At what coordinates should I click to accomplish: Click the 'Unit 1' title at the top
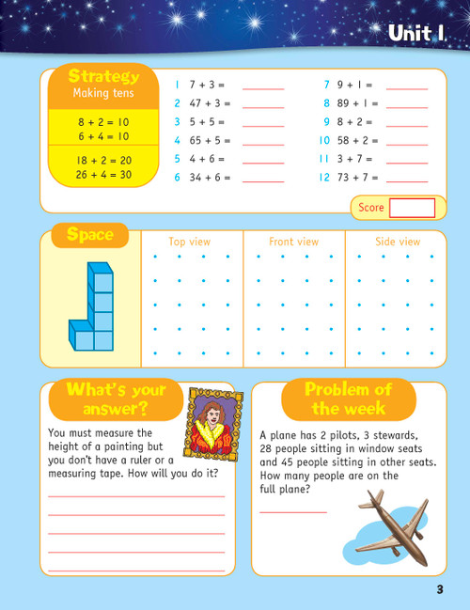tap(415, 35)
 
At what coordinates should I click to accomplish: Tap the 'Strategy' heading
tap(104, 76)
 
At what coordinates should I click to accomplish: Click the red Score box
tap(412, 208)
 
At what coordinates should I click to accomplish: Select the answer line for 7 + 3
tap(263, 87)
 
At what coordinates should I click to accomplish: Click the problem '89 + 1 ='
tap(357, 103)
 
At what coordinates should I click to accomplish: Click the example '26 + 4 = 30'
tap(103, 175)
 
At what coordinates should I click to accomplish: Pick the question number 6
tap(177, 177)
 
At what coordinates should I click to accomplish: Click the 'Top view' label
tap(190, 242)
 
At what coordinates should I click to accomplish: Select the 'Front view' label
tap(293, 242)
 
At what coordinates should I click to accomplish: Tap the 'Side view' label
tap(398, 242)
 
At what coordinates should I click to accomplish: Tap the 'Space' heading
tap(90, 235)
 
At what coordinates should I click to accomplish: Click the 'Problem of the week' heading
tap(348, 399)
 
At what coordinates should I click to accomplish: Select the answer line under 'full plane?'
tap(292, 511)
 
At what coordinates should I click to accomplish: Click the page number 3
tap(439, 589)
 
